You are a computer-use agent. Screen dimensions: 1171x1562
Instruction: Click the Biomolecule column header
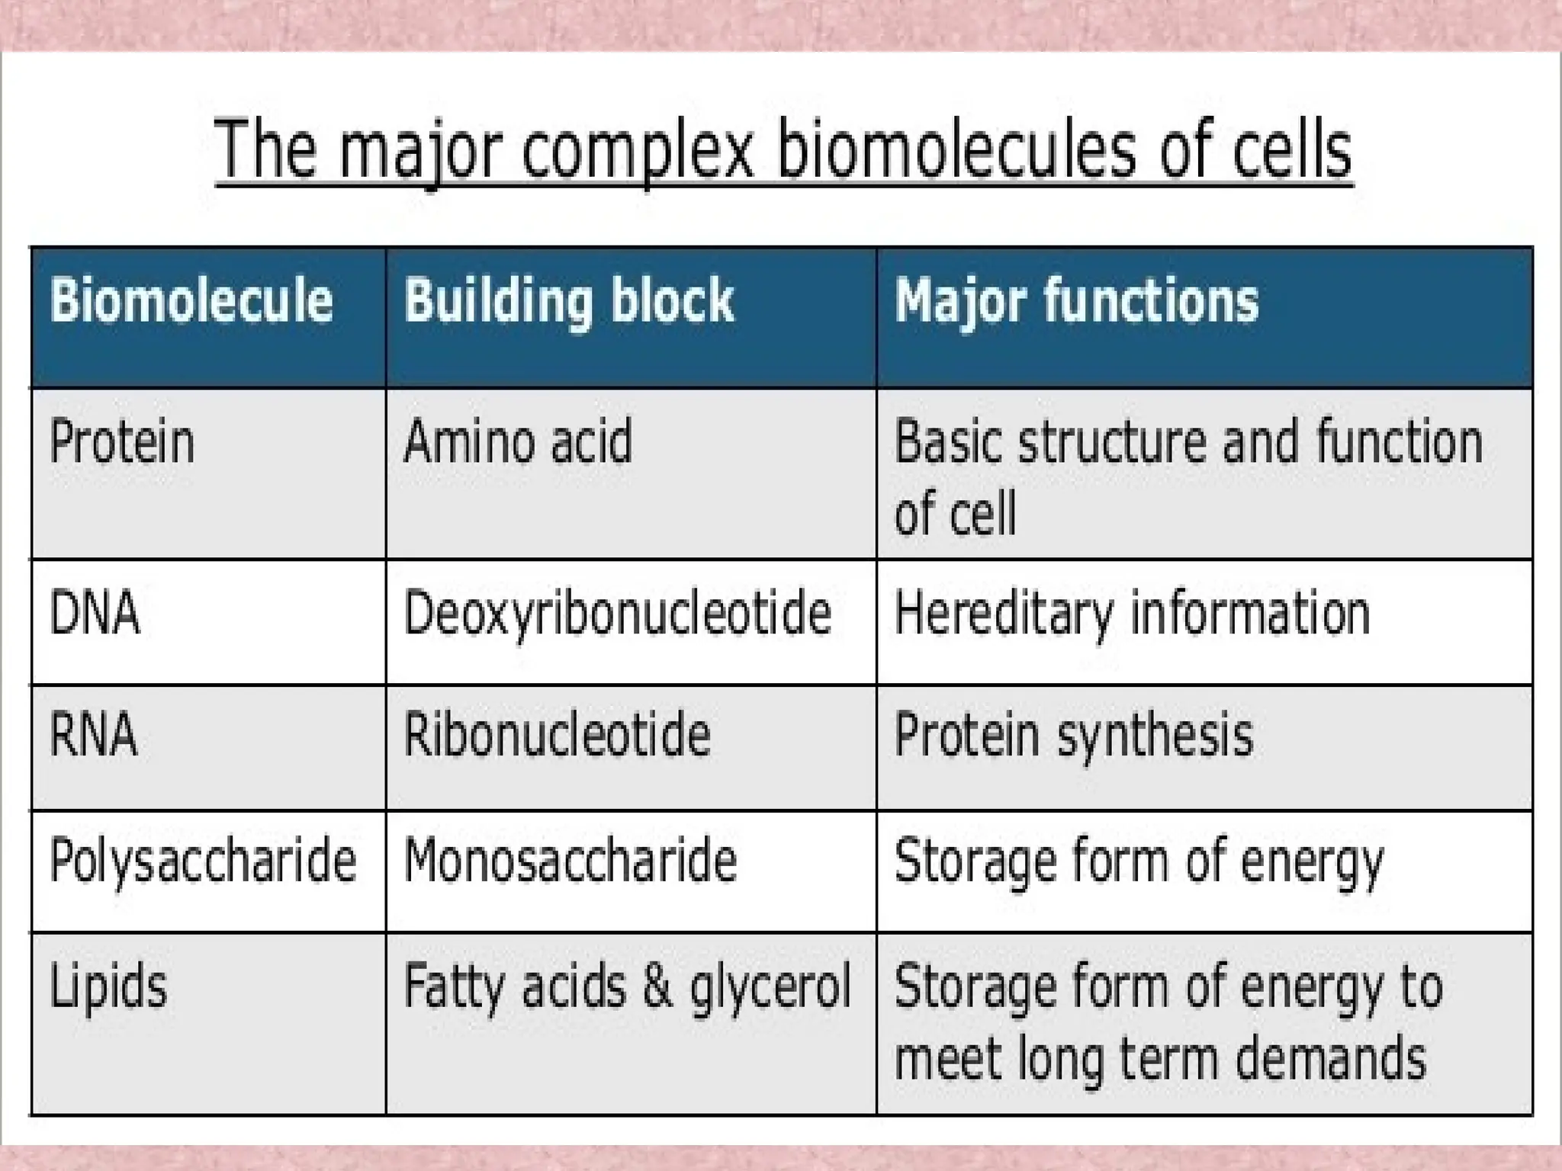(x=191, y=301)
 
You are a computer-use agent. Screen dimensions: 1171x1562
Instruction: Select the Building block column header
(x=568, y=301)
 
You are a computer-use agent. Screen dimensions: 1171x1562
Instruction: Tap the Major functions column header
(x=1075, y=301)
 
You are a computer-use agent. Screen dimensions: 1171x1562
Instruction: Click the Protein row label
(x=122, y=442)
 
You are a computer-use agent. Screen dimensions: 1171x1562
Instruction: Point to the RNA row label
(x=93, y=735)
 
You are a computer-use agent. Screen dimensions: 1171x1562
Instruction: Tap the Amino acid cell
(x=518, y=442)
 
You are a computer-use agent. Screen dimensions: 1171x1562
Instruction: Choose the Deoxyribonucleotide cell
(x=617, y=613)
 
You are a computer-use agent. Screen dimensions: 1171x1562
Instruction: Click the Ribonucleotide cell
(x=557, y=735)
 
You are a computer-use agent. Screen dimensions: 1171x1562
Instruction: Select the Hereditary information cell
(x=1132, y=613)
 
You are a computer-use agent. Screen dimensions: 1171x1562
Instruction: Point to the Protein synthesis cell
(x=1073, y=735)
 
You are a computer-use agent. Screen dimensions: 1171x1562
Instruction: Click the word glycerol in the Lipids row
(x=770, y=987)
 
